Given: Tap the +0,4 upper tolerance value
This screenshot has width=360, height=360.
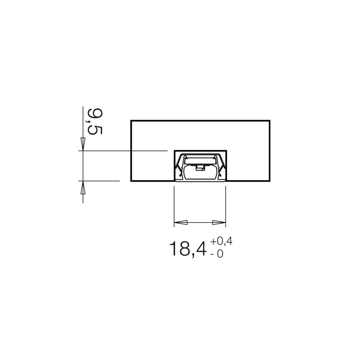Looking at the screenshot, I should click(222, 242).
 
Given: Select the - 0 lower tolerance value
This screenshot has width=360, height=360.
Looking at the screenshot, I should click(217, 254).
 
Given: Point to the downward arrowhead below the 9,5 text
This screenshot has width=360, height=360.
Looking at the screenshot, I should click(83, 144).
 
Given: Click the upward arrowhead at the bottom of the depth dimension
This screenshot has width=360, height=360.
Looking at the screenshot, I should click(83, 187).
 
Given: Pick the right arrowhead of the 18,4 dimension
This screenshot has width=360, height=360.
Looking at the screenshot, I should click(219, 222).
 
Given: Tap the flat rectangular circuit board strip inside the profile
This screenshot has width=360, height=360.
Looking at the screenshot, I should click(200, 164).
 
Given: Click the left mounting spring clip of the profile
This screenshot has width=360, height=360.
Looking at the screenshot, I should click(179, 166).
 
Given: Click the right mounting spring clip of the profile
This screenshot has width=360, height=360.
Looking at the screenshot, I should click(221, 166).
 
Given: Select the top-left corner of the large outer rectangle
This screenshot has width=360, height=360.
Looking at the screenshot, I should click(131, 120).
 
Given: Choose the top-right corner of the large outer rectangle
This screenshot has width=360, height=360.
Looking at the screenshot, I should click(270, 120).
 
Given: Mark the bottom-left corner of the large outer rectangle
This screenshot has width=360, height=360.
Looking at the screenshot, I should click(131, 181).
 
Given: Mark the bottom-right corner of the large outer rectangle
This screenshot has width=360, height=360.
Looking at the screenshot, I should click(270, 181).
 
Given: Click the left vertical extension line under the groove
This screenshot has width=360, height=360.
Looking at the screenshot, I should click(174, 204).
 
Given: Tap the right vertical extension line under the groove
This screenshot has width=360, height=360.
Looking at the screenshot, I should click(226, 204).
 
